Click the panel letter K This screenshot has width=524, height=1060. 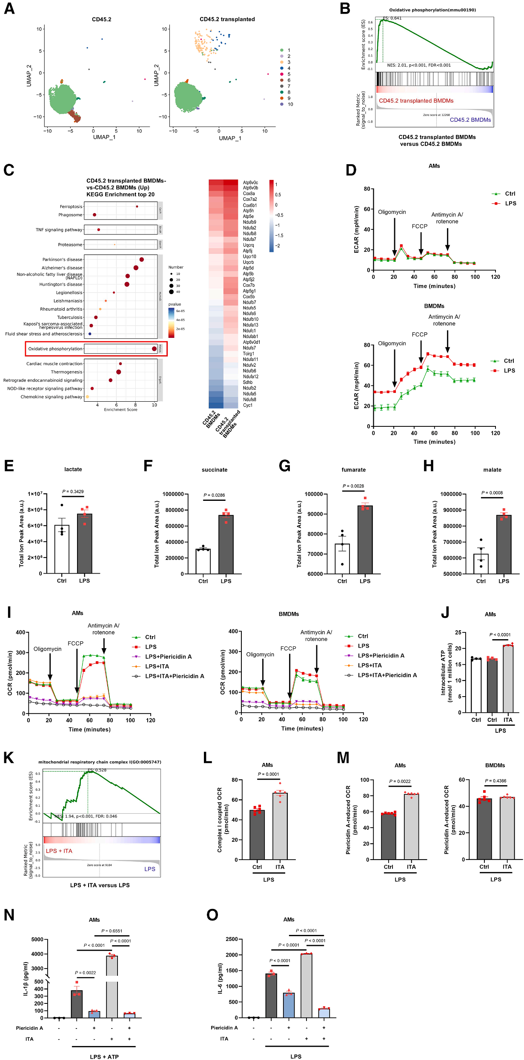(x=9, y=758)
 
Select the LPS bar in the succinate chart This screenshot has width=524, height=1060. (x=226, y=545)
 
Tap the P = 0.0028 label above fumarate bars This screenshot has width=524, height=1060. (x=353, y=486)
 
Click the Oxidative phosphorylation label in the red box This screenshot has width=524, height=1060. (x=55, y=349)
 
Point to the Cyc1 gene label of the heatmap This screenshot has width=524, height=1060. (x=248, y=406)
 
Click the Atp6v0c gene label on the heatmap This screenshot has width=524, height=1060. (x=250, y=183)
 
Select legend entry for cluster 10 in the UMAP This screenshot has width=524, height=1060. (x=290, y=104)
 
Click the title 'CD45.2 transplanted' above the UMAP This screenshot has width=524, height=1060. (x=227, y=19)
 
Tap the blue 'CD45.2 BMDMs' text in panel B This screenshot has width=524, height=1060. (x=470, y=120)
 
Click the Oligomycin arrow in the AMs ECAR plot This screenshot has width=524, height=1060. (x=395, y=236)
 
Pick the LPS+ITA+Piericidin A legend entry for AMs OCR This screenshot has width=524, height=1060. (x=175, y=676)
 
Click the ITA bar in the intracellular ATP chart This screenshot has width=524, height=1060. (x=508, y=679)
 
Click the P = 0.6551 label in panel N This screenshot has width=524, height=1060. (x=112, y=931)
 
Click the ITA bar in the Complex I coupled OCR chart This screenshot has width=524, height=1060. (x=280, y=826)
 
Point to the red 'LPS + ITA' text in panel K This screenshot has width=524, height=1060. (x=59, y=851)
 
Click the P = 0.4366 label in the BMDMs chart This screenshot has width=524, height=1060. (x=495, y=781)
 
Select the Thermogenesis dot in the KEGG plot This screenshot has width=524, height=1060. (x=118, y=372)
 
